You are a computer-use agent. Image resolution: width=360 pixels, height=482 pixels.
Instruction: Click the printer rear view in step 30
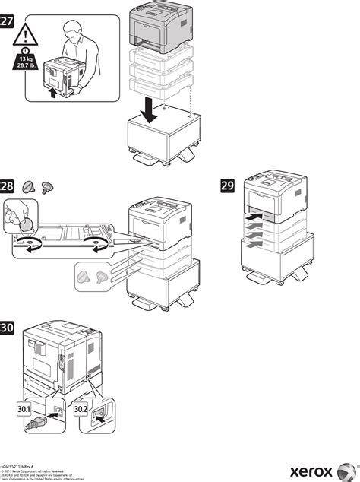click(x=61, y=357)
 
